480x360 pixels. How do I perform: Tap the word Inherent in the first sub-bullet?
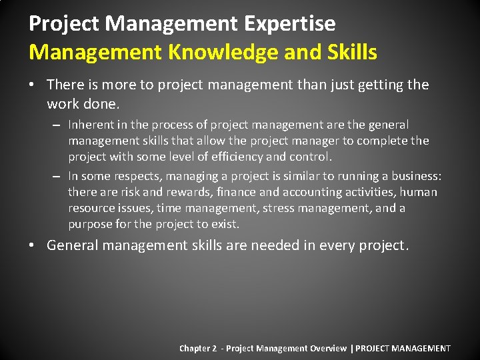click(91, 125)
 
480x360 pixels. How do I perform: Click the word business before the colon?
click(416, 176)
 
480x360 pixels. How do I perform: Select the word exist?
click(225, 224)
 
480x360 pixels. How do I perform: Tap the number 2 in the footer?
click(215, 348)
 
